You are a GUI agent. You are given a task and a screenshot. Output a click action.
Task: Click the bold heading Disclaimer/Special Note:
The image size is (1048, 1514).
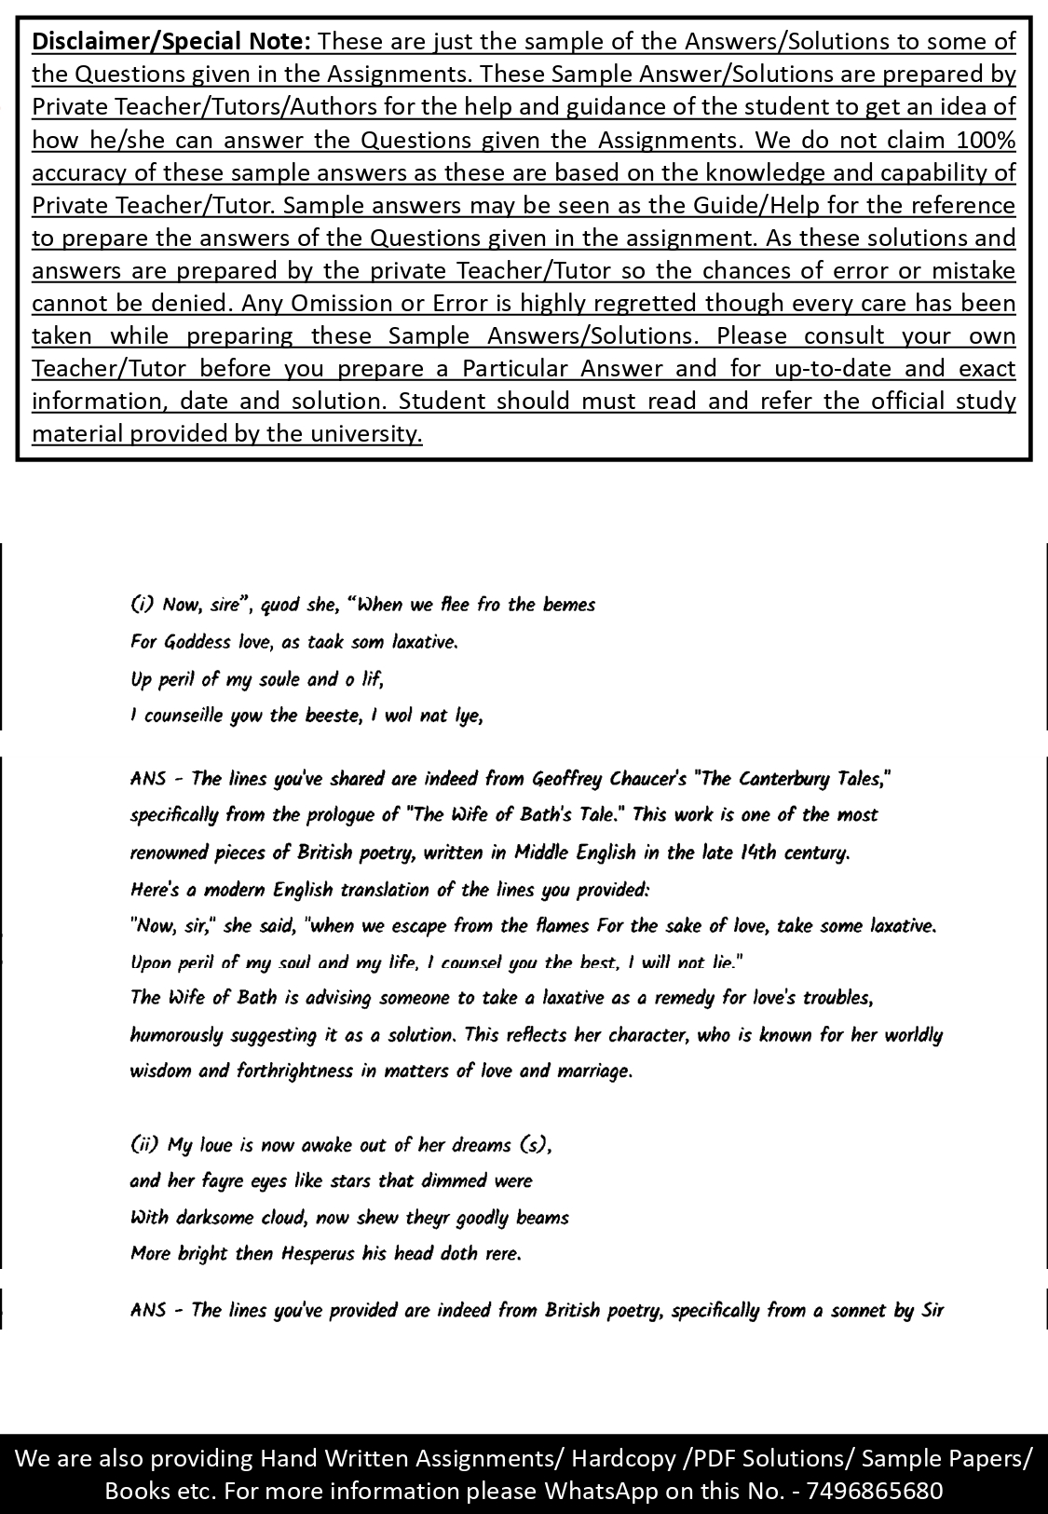[172, 42]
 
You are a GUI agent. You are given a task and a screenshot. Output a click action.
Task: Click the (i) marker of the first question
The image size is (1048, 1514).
[142, 605]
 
